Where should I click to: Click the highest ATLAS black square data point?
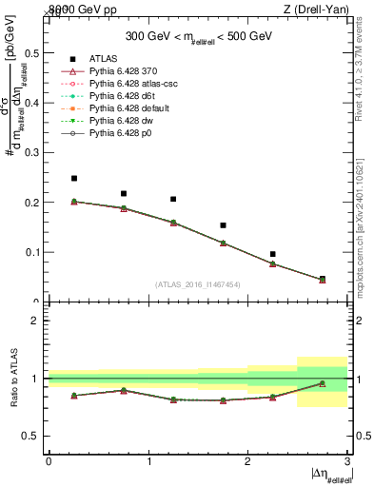(x=74, y=178)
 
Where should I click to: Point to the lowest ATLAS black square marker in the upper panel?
(x=322, y=279)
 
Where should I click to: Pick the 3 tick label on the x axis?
(x=347, y=460)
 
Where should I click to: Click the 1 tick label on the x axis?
(x=148, y=460)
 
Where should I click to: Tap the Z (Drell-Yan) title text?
(x=321, y=10)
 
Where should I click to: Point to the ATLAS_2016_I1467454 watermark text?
(x=197, y=283)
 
